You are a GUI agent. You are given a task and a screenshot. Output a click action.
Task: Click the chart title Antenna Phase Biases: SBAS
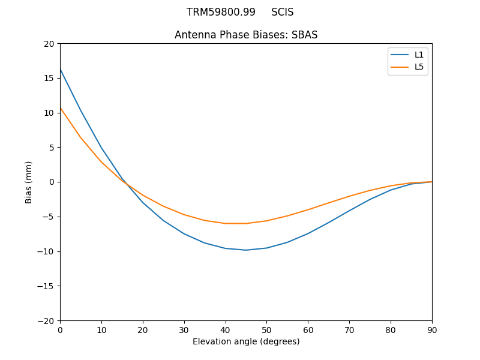tap(246, 35)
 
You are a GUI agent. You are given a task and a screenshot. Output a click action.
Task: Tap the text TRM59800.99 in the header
tap(221, 12)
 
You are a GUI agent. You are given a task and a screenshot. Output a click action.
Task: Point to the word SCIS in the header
tap(283, 12)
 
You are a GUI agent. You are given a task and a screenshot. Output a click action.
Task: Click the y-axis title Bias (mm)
tap(29, 182)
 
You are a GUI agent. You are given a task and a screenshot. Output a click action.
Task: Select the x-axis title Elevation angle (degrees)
tap(246, 342)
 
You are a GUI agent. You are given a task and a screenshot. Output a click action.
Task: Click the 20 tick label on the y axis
tap(49, 44)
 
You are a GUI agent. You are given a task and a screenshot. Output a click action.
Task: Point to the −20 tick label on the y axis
tap(46, 320)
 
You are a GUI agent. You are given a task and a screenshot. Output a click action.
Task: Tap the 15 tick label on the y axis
tap(49, 78)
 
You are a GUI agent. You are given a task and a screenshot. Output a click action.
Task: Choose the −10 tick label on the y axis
tap(46, 251)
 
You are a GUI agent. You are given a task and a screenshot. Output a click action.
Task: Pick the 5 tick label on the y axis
tap(51, 148)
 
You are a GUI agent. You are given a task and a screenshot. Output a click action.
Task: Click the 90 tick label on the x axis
tap(432, 329)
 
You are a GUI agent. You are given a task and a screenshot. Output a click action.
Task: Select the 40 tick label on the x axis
tap(226, 329)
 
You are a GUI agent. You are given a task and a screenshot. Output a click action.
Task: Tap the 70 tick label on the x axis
tap(349, 329)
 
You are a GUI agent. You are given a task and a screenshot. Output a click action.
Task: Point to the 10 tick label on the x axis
tap(101, 329)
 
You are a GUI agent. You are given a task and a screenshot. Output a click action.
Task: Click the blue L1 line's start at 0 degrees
tap(60, 69)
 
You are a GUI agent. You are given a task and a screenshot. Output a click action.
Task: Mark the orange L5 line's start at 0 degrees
tap(60, 107)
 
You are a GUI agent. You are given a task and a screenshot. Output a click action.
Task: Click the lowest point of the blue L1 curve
tap(246, 250)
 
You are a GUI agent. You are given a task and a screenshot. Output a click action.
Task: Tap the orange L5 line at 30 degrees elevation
tap(184, 214)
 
